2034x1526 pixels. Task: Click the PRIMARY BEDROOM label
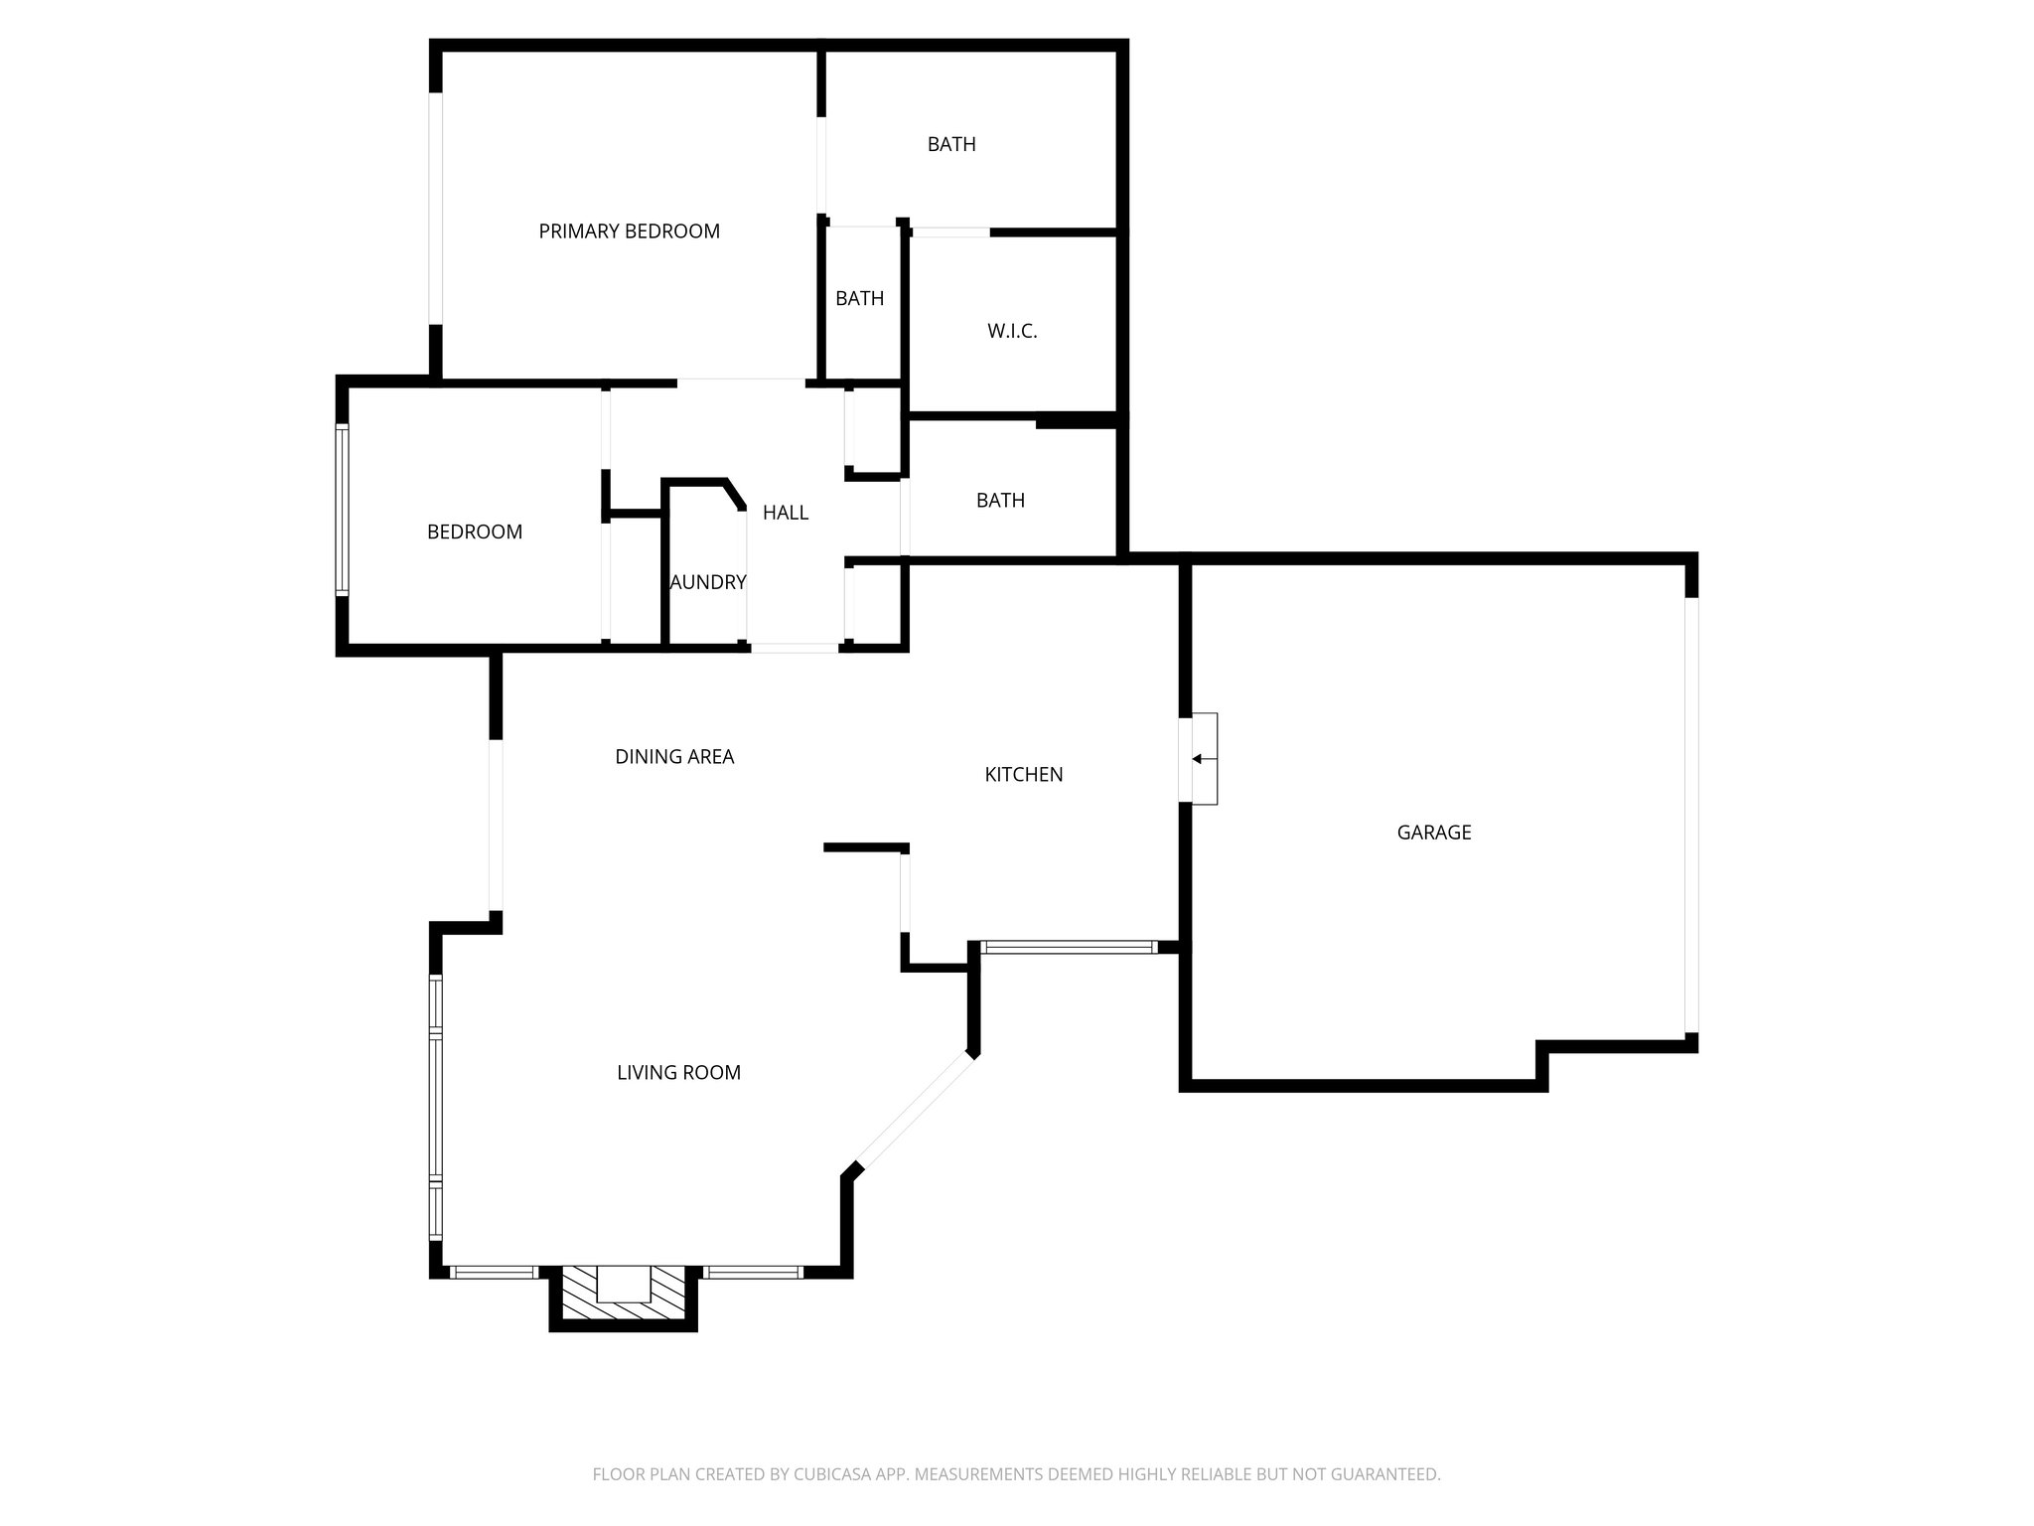coord(629,231)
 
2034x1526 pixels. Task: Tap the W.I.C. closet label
coord(1012,332)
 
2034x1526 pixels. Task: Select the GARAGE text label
coord(1433,833)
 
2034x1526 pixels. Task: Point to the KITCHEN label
coord(1023,775)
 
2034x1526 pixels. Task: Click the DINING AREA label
coord(674,757)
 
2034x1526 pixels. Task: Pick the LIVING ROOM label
coord(678,1073)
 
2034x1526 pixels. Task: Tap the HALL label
coord(785,513)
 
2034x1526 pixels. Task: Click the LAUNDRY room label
coord(707,582)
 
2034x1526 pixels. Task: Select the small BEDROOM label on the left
coord(474,533)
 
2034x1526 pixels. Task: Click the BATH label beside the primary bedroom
coord(859,298)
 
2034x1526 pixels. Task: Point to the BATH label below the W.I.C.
coord(999,501)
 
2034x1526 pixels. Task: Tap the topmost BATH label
coord(950,145)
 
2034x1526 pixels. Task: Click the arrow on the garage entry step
coord(1198,759)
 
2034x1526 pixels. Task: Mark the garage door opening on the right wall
coord(1690,815)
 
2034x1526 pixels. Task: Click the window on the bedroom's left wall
coord(343,511)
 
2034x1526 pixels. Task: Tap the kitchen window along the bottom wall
coord(1068,948)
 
